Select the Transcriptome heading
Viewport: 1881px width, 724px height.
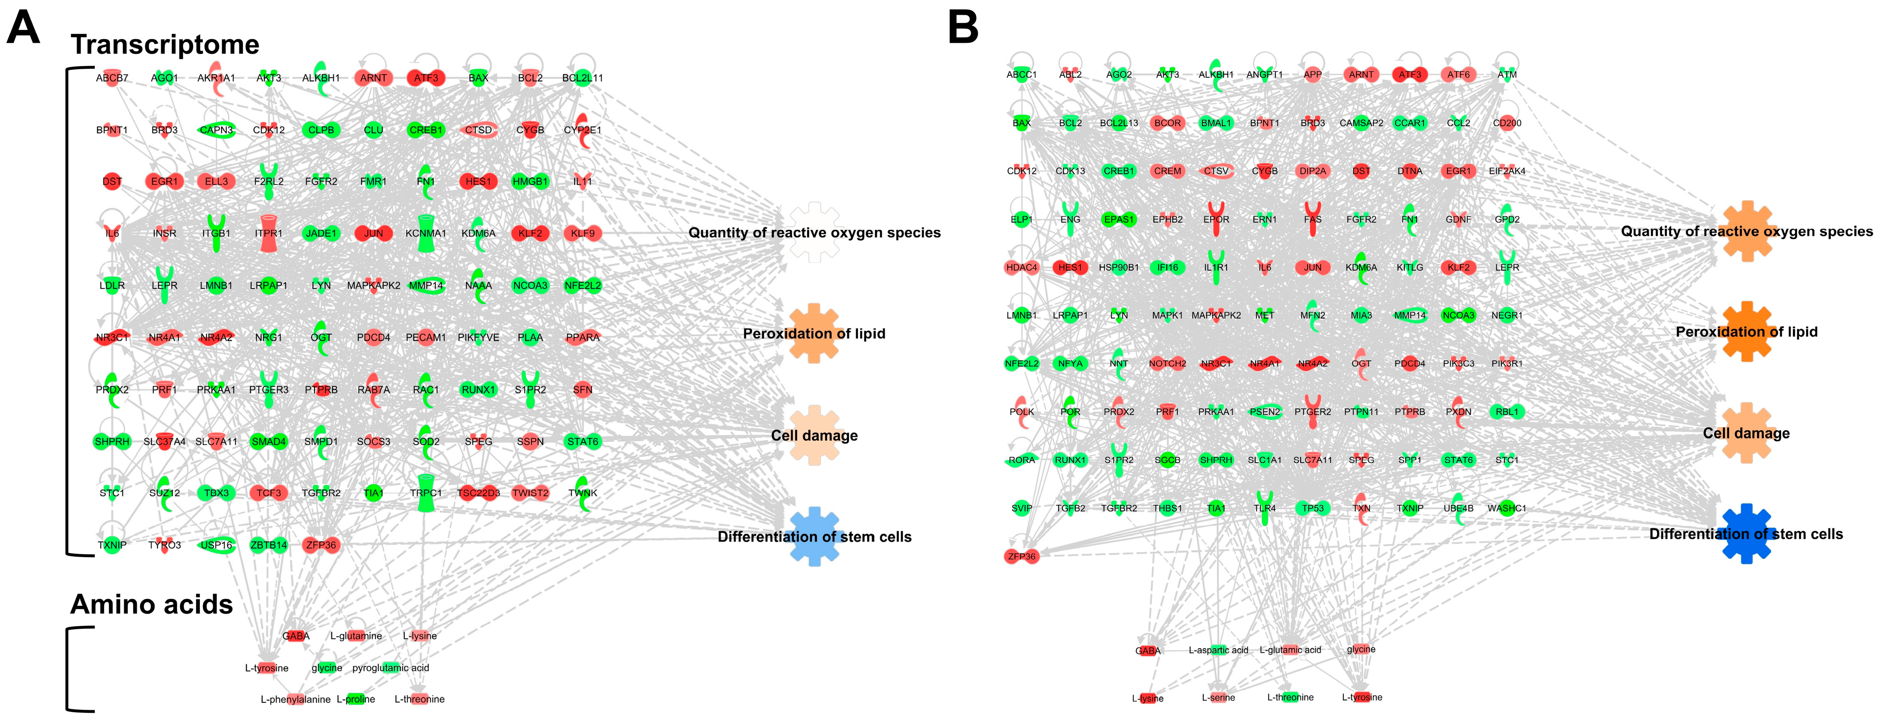point(165,45)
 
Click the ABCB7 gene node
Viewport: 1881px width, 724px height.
point(112,78)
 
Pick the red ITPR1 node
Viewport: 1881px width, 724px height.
point(269,234)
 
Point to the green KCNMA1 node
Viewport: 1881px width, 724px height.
point(426,234)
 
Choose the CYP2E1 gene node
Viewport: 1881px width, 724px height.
point(582,129)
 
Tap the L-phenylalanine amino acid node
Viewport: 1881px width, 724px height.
point(296,699)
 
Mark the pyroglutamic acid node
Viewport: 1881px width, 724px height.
point(391,668)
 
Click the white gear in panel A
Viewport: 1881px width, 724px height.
point(814,232)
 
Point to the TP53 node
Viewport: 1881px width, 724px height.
point(1312,508)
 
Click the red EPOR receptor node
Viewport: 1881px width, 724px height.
point(1216,219)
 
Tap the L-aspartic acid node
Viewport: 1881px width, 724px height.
point(1218,650)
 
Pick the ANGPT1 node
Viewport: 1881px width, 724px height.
point(1264,74)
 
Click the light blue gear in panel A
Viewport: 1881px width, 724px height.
point(814,537)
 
